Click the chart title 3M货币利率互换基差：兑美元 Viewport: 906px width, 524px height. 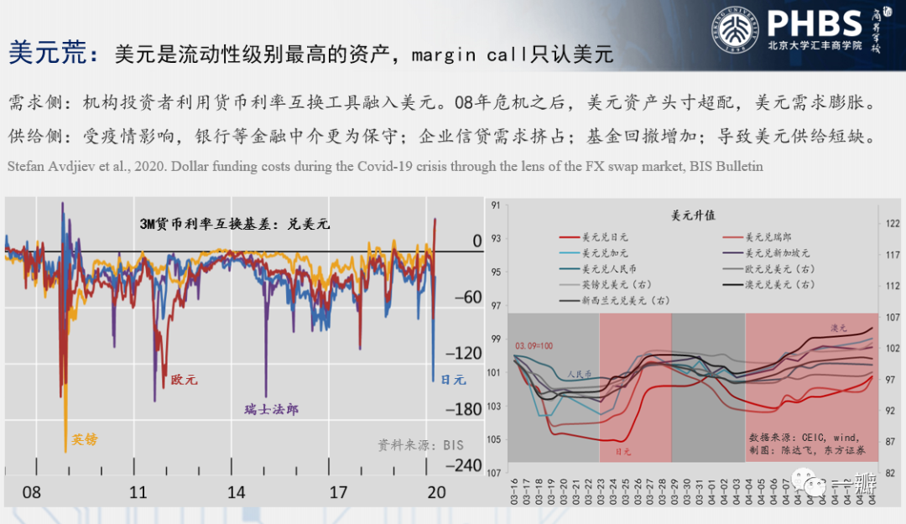pyautogui.click(x=235, y=224)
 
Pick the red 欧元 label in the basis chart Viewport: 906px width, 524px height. pyautogui.click(x=185, y=380)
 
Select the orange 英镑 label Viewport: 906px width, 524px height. pyautogui.click(x=84, y=438)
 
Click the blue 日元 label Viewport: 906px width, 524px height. pyautogui.click(x=453, y=380)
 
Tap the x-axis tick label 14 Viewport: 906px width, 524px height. pyautogui.click(x=237, y=492)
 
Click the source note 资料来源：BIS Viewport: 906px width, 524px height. pyautogui.click(x=420, y=445)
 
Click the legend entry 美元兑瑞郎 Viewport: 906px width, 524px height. pyautogui.click(x=769, y=237)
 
